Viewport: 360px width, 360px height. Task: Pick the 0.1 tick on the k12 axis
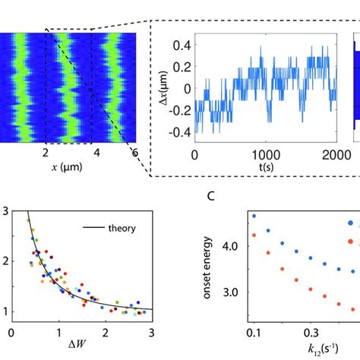click(x=253, y=333)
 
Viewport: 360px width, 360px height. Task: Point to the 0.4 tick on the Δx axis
click(x=180, y=46)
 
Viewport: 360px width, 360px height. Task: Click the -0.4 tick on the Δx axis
click(x=178, y=130)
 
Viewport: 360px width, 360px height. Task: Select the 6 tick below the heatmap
click(x=135, y=152)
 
